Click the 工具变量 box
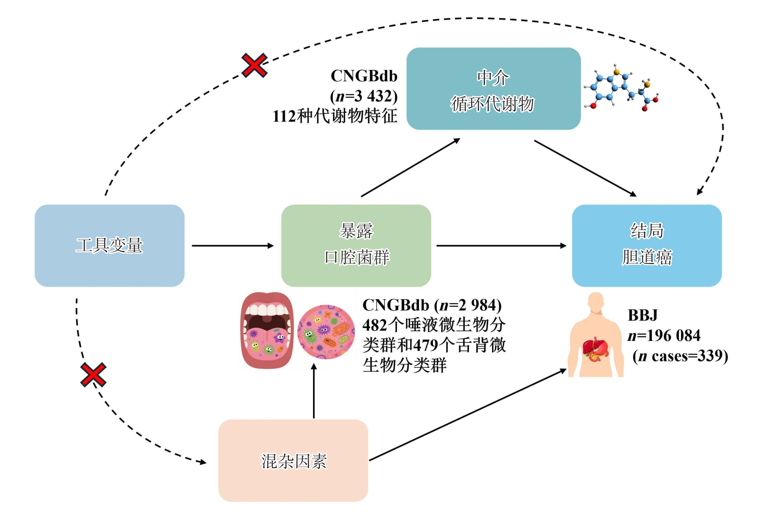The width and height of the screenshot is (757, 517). pyautogui.click(x=110, y=246)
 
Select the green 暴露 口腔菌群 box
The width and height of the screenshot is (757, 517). pyautogui.click(x=356, y=246)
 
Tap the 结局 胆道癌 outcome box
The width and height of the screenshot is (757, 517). pyautogui.click(x=647, y=246)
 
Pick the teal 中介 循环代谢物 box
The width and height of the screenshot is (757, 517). pyautogui.click(x=493, y=89)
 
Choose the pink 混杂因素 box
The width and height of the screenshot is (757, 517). pyautogui.click(x=293, y=460)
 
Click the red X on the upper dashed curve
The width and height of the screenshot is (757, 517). pyautogui.click(x=254, y=66)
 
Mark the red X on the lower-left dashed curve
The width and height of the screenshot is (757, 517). pyautogui.click(x=93, y=374)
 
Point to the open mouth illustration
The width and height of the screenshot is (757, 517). pyautogui.click(x=267, y=330)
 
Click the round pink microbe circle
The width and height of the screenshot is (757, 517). pyautogui.click(x=326, y=332)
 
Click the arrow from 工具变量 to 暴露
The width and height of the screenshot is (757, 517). pyautogui.click(x=232, y=246)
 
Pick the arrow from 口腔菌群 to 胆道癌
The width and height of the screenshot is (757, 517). pyautogui.click(x=501, y=246)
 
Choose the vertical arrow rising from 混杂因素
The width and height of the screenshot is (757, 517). pyautogui.click(x=314, y=391)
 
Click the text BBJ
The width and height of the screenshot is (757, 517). pyautogui.click(x=643, y=316)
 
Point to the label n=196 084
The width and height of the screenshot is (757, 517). pyautogui.click(x=664, y=336)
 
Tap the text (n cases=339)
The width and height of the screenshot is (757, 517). pyautogui.click(x=680, y=356)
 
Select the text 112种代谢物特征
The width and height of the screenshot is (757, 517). pyautogui.click(x=335, y=116)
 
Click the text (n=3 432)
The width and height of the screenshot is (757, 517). pyautogui.click(x=364, y=96)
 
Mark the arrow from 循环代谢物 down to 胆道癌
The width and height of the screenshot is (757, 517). pyautogui.click(x=585, y=168)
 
